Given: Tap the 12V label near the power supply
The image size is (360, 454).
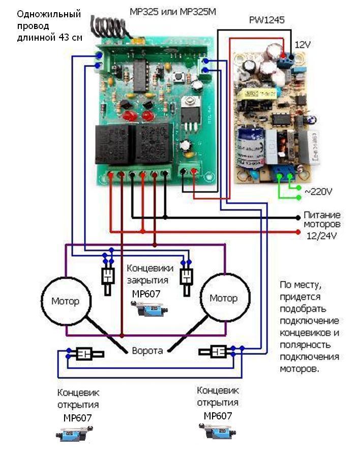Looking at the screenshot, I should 302,45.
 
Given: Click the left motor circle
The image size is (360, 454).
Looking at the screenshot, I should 65,301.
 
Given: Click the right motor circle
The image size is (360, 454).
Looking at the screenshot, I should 224,298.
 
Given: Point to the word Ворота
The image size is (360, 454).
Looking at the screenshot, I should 147,351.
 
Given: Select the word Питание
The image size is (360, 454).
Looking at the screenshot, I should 322,215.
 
